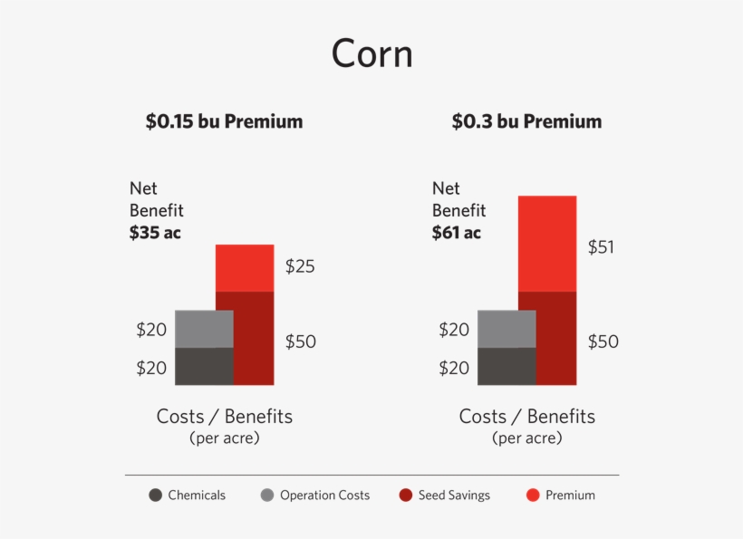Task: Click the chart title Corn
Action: pyautogui.click(x=371, y=53)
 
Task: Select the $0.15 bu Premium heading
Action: pyautogui.click(x=224, y=121)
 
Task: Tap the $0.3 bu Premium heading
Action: pyautogui.click(x=526, y=121)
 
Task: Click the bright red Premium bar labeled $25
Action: pyautogui.click(x=245, y=268)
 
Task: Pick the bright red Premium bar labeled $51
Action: pyautogui.click(x=546, y=244)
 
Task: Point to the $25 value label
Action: pyautogui.click(x=300, y=266)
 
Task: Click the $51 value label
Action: pyautogui.click(x=602, y=246)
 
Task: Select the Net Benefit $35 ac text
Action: pyautogui.click(x=156, y=210)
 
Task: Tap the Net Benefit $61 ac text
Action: pyautogui.click(x=458, y=210)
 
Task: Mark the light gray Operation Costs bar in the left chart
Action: pyautogui.click(x=204, y=329)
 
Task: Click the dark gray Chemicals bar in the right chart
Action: pyautogui.click(x=507, y=367)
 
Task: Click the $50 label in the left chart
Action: pyautogui.click(x=300, y=342)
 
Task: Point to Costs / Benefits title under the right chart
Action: pyautogui.click(x=526, y=417)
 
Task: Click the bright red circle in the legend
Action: pyautogui.click(x=533, y=496)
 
